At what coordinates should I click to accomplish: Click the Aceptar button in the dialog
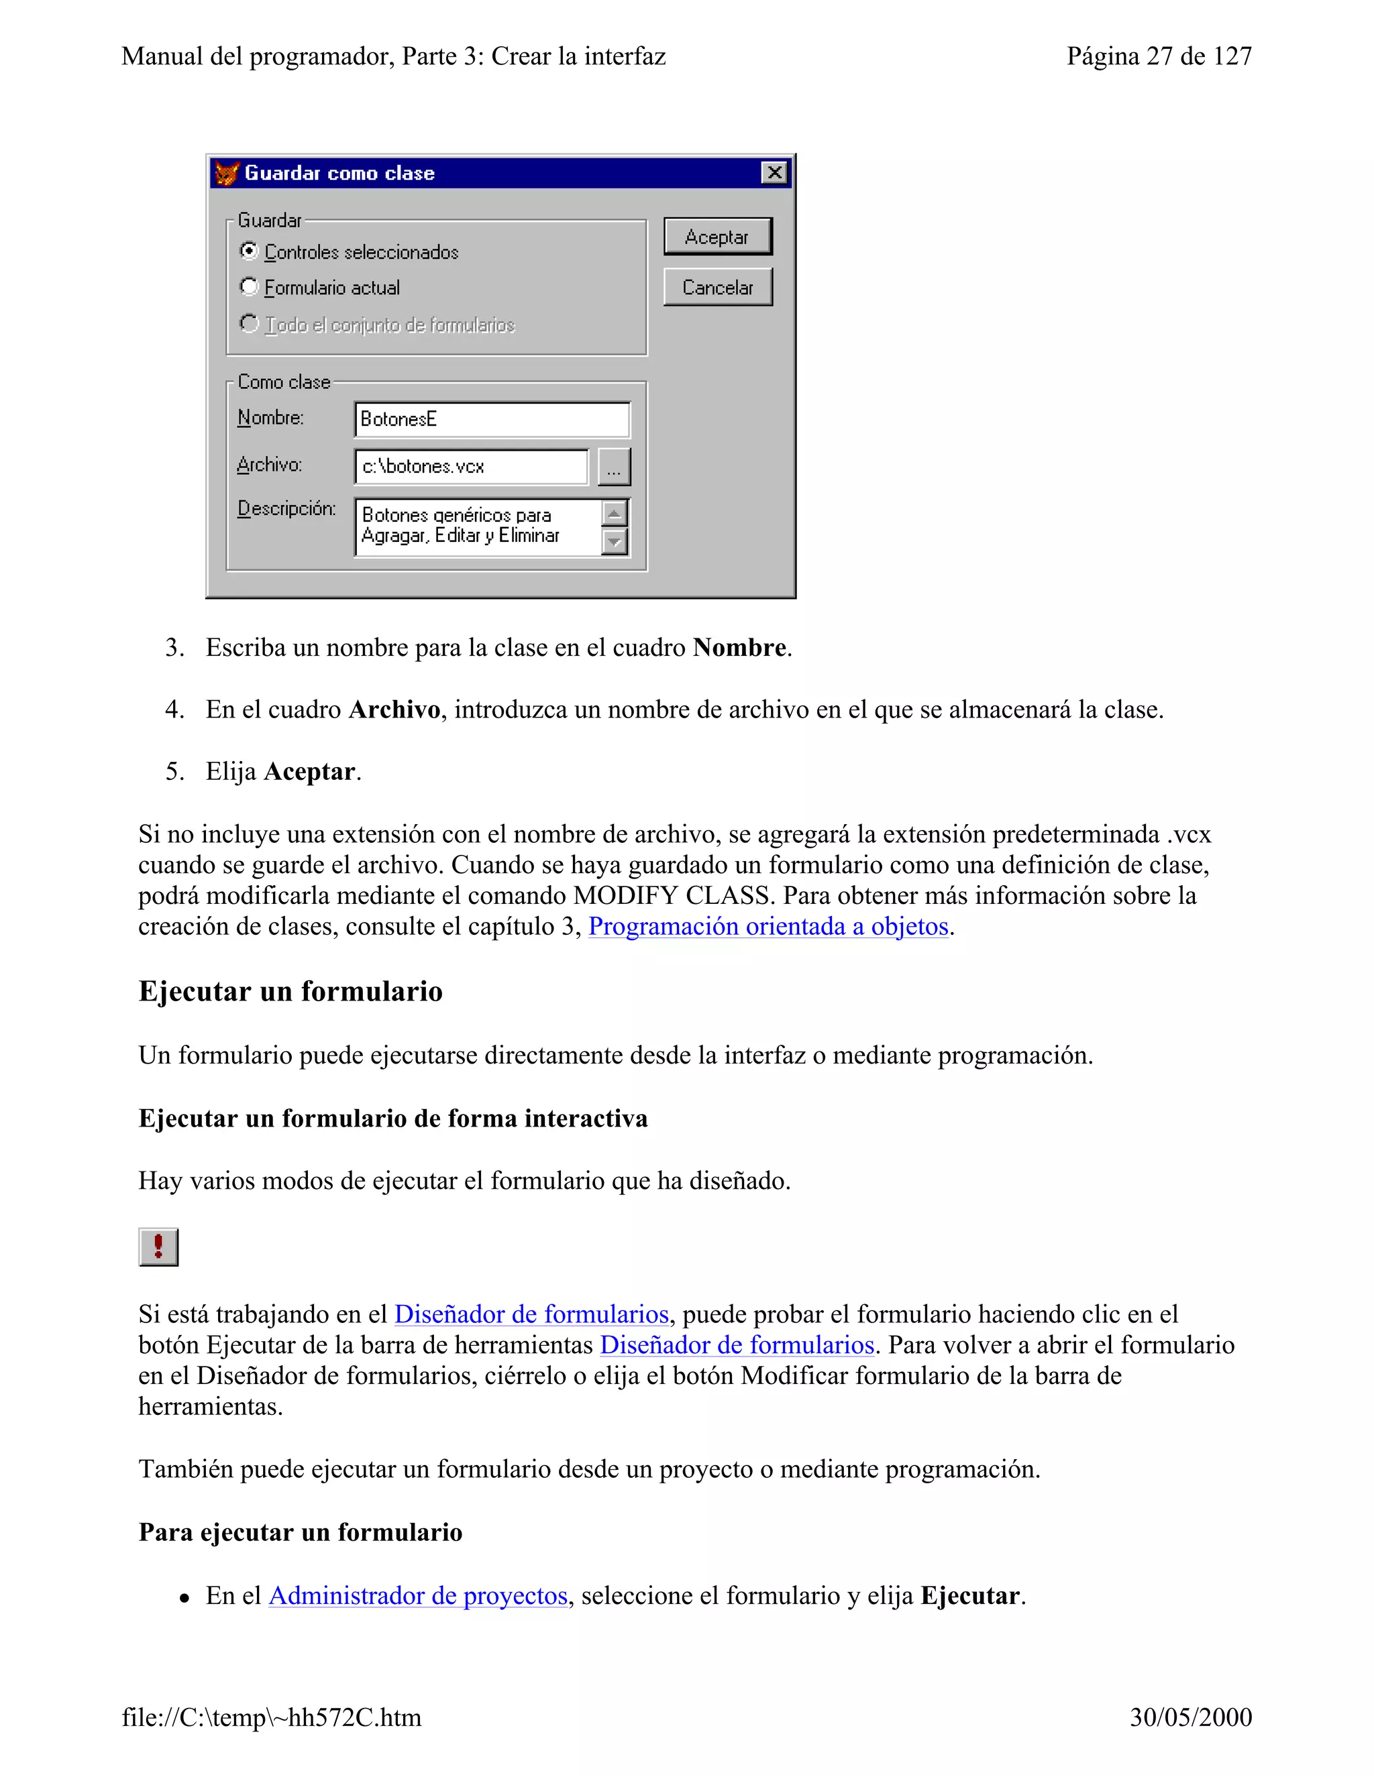[x=717, y=237]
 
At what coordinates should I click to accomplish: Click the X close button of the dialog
[x=774, y=172]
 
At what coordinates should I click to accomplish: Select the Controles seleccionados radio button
[x=249, y=251]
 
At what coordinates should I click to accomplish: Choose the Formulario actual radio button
[x=249, y=286]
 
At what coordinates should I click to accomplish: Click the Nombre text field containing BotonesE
[x=492, y=419]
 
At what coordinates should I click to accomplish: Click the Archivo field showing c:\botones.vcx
[x=470, y=466]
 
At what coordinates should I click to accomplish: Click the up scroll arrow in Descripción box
[x=615, y=514]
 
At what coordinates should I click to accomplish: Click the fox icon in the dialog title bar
[x=226, y=172]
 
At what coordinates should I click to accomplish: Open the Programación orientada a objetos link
[x=768, y=927]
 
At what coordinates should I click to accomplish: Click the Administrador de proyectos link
[x=417, y=1595]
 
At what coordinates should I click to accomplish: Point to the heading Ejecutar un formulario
[x=290, y=991]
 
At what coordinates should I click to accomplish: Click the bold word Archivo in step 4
[x=394, y=709]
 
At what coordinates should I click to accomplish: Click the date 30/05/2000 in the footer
[x=1190, y=1717]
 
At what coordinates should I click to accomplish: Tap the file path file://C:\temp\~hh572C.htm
[x=272, y=1717]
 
